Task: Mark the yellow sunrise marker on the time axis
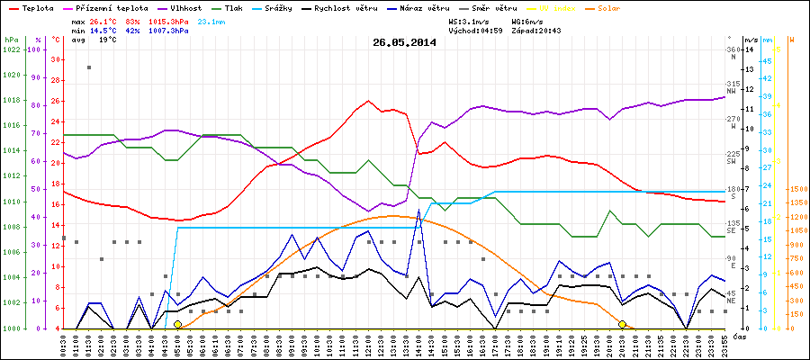[x=177, y=324]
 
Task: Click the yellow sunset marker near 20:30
[x=623, y=324]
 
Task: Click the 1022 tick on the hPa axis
[x=11, y=49]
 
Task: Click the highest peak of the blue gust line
[x=419, y=211]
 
